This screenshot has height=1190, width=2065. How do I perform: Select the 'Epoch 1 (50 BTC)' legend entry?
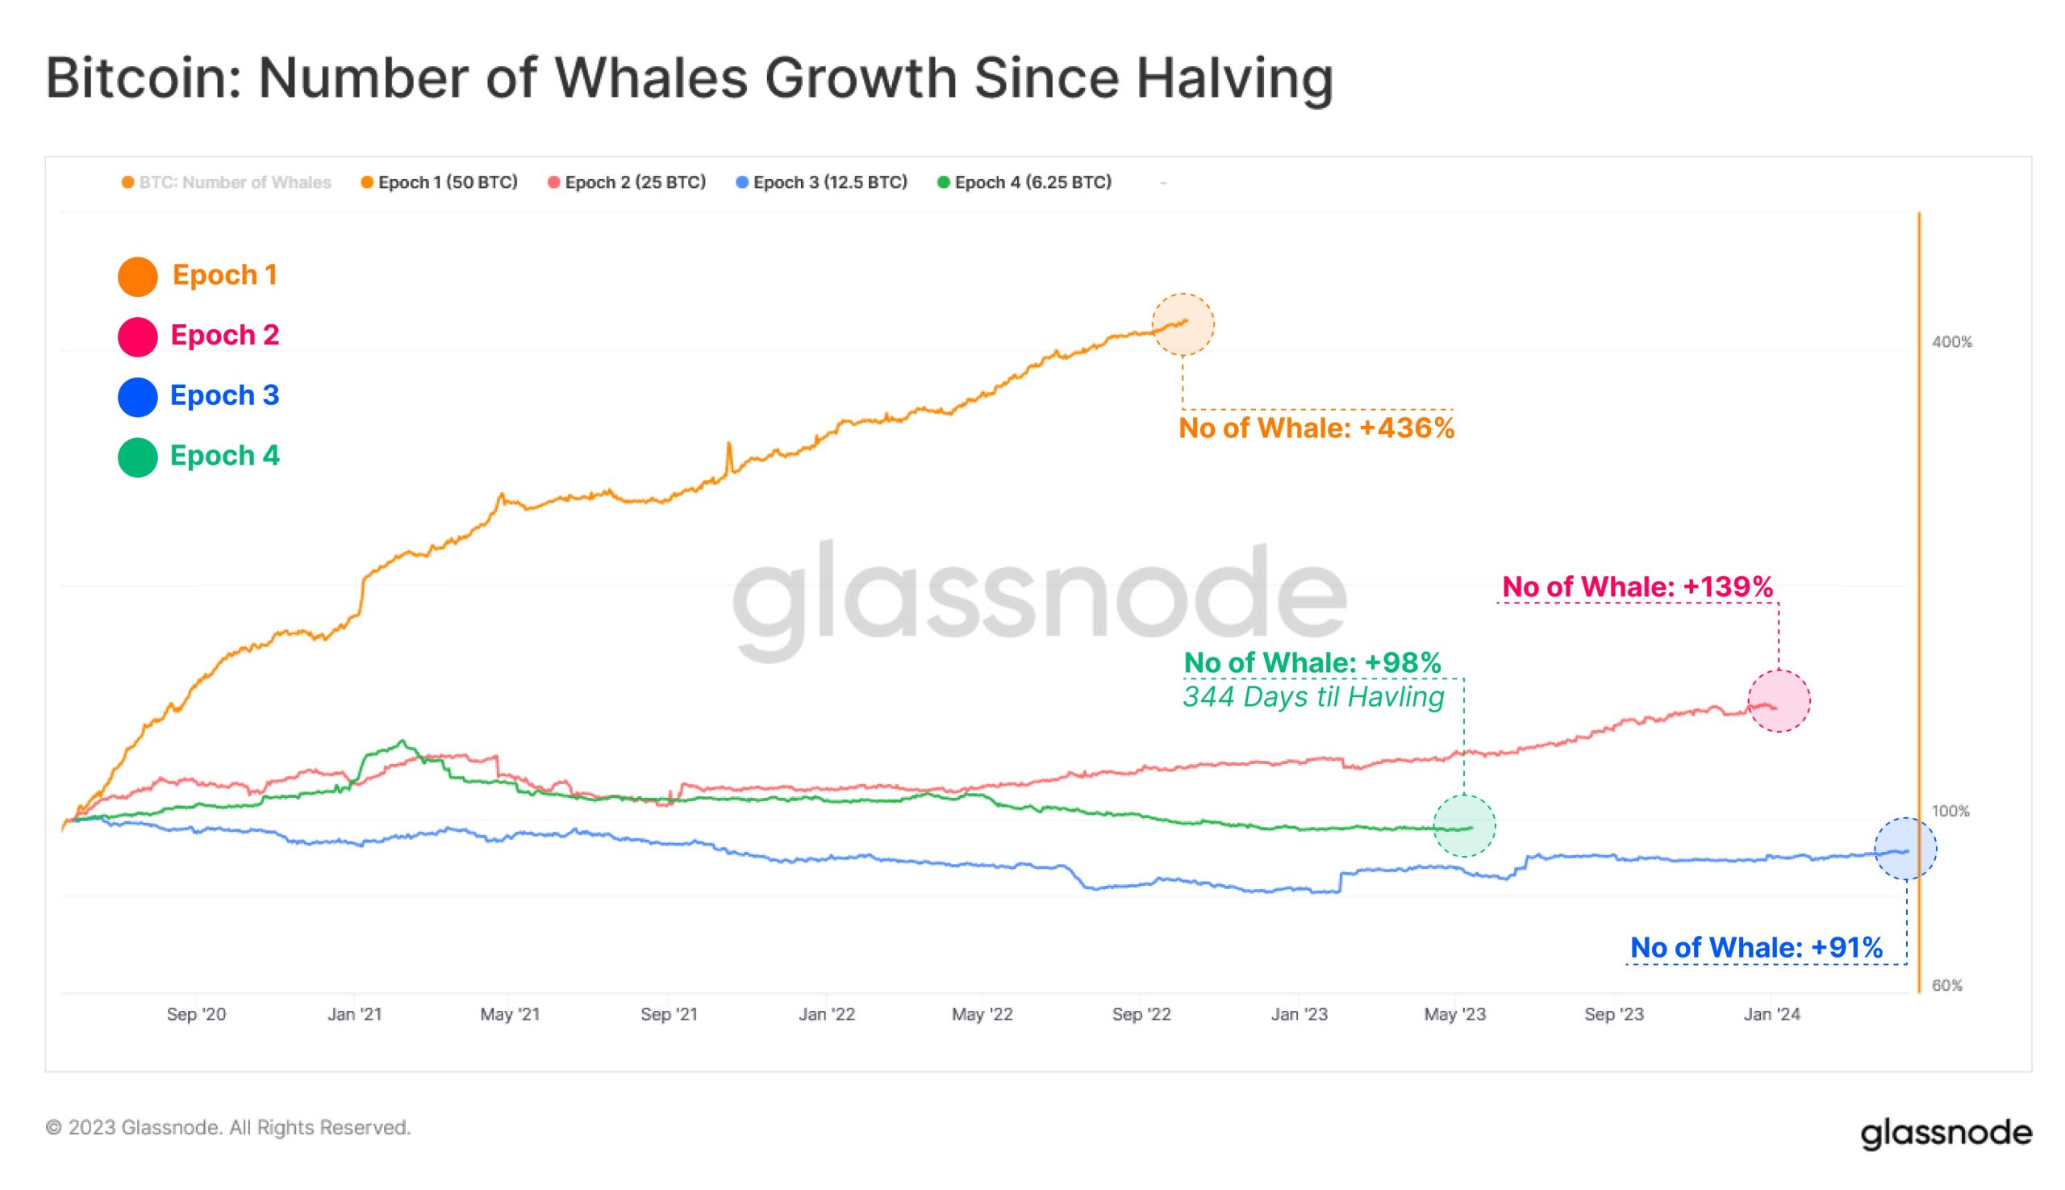(x=440, y=182)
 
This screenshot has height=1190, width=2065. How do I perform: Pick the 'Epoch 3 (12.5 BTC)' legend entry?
(x=822, y=182)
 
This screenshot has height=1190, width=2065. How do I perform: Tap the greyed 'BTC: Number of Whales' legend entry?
(x=227, y=182)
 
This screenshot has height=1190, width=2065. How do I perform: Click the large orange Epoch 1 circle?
(x=137, y=276)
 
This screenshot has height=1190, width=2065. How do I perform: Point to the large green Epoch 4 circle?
(x=137, y=457)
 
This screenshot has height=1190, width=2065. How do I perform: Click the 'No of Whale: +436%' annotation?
(x=1316, y=428)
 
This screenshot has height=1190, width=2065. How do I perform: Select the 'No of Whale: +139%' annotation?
(x=1637, y=587)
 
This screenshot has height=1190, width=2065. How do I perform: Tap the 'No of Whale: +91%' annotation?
(x=1756, y=947)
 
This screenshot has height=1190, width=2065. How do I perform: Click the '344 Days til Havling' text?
(x=1313, y=697)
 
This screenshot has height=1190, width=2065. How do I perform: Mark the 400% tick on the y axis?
(x=1951, y=342)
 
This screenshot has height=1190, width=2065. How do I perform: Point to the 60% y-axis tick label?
(x=1946, y=985)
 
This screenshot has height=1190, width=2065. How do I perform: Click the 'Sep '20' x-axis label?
(x=196, y=1014)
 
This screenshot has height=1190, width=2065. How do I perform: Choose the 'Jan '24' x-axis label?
(x=1771, y=1014)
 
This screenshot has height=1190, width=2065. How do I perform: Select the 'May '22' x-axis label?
(x=982, y=1014)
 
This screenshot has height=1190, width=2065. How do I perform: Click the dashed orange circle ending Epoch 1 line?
(x=1183, y=324)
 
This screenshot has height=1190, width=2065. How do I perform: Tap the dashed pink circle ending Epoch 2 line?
(x=1779, y=700)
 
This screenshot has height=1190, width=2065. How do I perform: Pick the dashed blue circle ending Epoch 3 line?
(x=1904, y=849)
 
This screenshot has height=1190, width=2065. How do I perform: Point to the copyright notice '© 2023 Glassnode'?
(x=228, y=1128)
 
